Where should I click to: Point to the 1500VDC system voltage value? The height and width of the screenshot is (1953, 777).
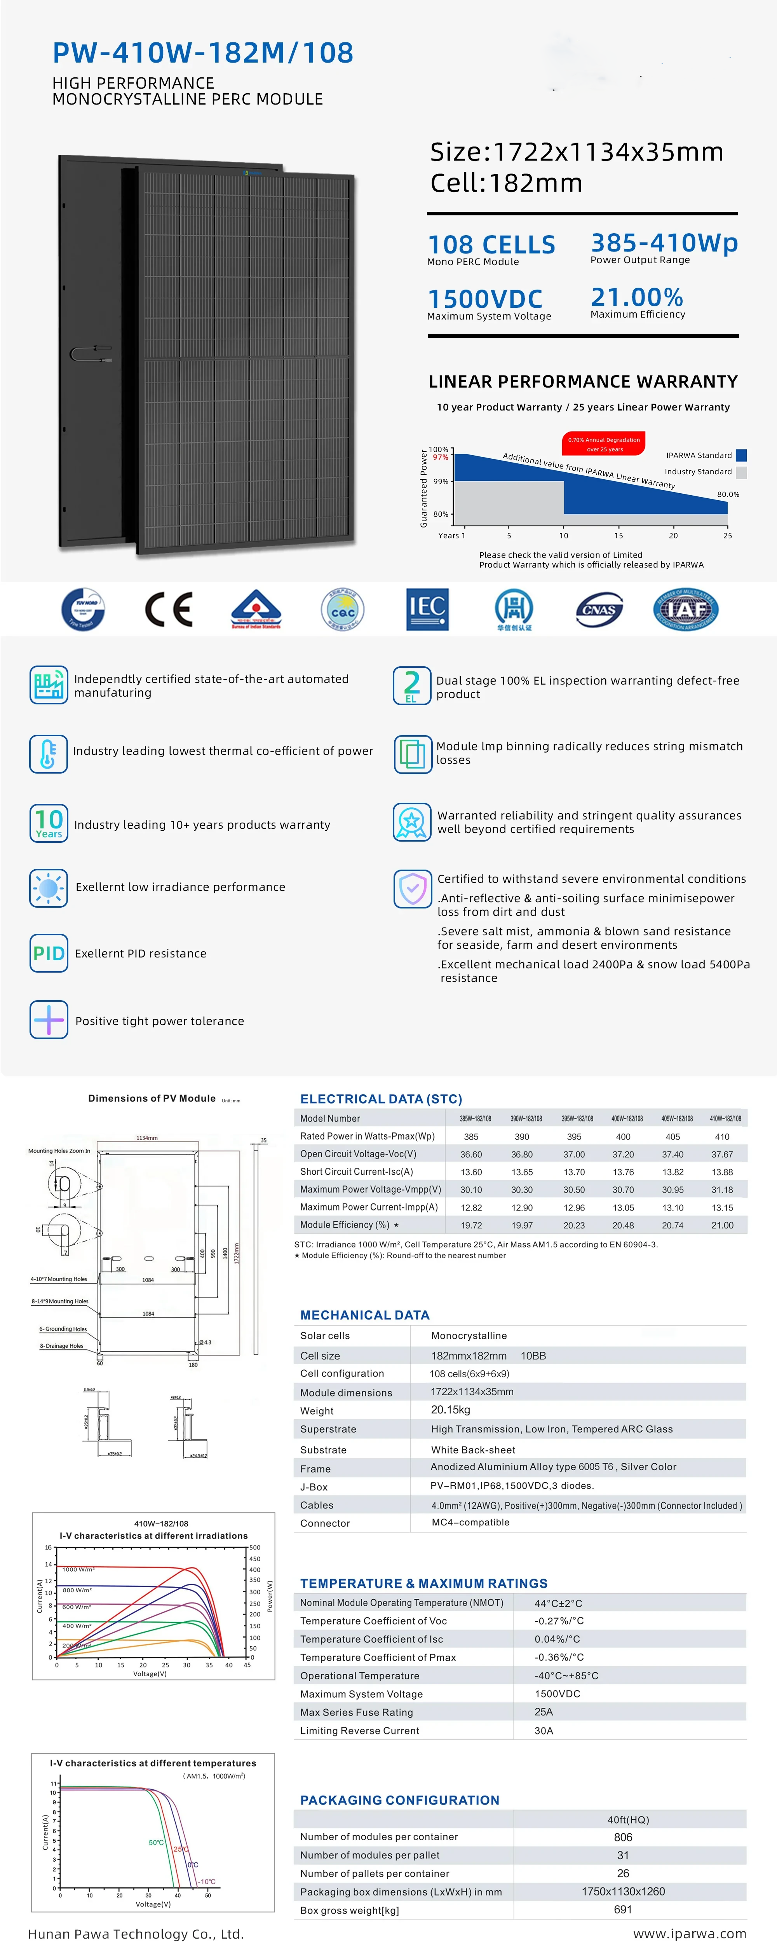coord(485,299)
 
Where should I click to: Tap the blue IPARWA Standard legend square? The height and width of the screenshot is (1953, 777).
coord(741,455)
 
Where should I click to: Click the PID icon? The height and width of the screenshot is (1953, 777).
coord(49,953)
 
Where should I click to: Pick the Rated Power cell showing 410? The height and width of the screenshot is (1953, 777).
coord(722,1137)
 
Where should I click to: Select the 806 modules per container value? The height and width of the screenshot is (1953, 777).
coord(622,1837)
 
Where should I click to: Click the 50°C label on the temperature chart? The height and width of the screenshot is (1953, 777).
coord(156,1842)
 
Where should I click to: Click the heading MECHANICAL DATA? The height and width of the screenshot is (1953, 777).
coord(365,1315)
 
